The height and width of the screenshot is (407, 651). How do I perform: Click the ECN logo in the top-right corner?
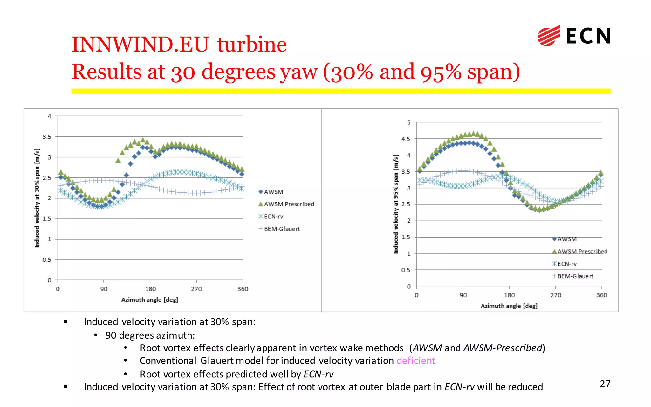click(574, 36)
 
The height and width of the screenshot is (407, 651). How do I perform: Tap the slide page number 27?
click(605, 384)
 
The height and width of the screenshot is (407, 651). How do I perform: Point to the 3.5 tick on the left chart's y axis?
click(47, 137)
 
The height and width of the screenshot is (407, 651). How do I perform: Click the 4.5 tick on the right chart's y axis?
click(406, 139)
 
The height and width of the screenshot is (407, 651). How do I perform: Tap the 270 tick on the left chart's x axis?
click(196, 289)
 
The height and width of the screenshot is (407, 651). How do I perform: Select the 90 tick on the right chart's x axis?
click(463, 295)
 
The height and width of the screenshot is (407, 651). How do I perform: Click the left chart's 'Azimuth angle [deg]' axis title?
click(149, 300)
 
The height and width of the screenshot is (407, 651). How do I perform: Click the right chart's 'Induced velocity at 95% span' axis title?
click(396, 204)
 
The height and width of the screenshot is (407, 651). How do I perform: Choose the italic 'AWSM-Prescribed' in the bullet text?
click(503, 348)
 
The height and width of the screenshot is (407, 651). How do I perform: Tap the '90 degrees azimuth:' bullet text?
click(150, 335)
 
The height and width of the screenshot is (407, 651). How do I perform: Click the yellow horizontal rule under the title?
click(341, 91)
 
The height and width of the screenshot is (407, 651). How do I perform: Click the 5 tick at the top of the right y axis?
click(408, 122)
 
